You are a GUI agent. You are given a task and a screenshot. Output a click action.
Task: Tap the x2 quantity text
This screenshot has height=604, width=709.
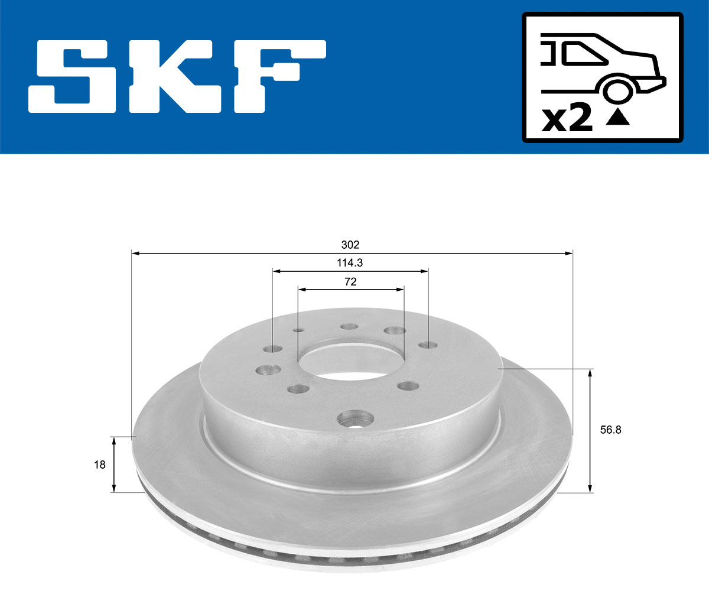(567, 119)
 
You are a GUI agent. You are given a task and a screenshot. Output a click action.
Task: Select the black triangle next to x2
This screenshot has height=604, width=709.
(618, 118)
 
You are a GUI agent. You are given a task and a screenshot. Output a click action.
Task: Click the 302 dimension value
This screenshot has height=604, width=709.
(351, 245)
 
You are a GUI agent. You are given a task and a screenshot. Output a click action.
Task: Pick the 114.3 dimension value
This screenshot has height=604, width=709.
(350, 263)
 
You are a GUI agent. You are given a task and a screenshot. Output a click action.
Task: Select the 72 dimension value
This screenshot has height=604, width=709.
(350, 282)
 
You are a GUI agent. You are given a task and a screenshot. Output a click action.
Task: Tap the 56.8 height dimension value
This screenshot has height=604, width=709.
(610, 430)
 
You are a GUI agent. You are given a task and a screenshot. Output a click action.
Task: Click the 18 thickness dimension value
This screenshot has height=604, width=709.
(100, 465)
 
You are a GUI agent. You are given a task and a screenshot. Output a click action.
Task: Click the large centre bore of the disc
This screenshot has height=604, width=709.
(350, 361)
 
